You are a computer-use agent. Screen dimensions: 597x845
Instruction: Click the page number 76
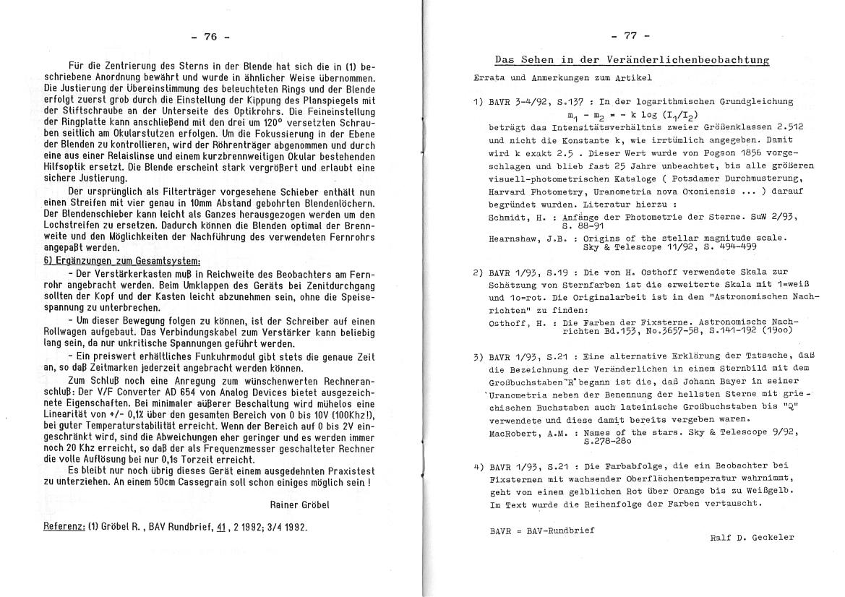pyautogui.click(x=210, y=37)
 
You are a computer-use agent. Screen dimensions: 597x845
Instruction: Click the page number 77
pyautogui.click(x=630, y=35)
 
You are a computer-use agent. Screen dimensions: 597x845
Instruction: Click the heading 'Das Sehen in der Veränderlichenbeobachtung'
pyautogui.click(x=631, y=59)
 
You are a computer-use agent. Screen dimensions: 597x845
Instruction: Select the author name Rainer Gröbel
pyautogui.click(x=299, y=505)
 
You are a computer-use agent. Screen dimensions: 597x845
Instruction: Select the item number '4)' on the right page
pyautogui.click(x=477, y=466)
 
